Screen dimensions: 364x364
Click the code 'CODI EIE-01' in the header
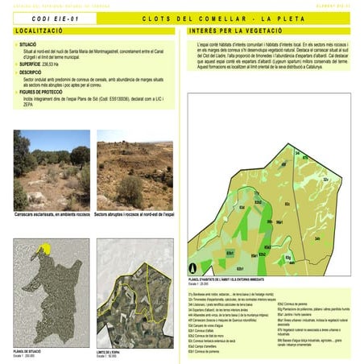57,18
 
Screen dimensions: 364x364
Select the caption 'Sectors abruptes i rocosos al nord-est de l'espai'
133,214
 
